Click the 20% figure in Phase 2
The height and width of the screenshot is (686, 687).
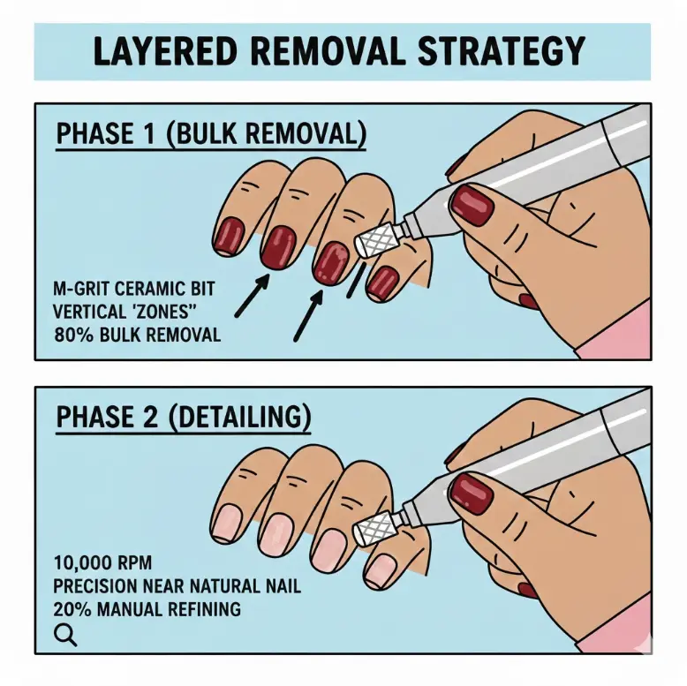(71, 607)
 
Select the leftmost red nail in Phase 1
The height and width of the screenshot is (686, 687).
(230, 236)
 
